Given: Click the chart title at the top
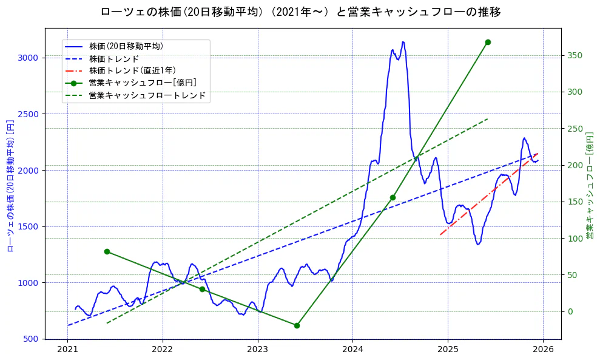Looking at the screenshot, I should [x=300, y=12].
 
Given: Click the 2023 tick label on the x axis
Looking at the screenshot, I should [x=257, y=350].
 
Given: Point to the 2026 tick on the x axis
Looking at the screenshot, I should [x=542, y=350].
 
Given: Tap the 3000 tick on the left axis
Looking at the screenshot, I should [x=28, y=58].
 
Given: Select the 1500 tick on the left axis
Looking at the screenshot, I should [x=28, y=226].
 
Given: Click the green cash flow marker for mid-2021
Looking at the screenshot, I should [x=107, y=251].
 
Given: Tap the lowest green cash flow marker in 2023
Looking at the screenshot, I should [x=297, y=325].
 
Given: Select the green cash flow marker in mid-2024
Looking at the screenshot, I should [x=393, y=197].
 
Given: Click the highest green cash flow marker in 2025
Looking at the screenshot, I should [x=488, y=42].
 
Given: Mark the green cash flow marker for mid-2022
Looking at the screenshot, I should [x=202, y=289].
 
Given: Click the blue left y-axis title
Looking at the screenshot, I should [x=10, y=186].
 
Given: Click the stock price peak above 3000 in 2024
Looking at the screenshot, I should [x=403, y=42].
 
